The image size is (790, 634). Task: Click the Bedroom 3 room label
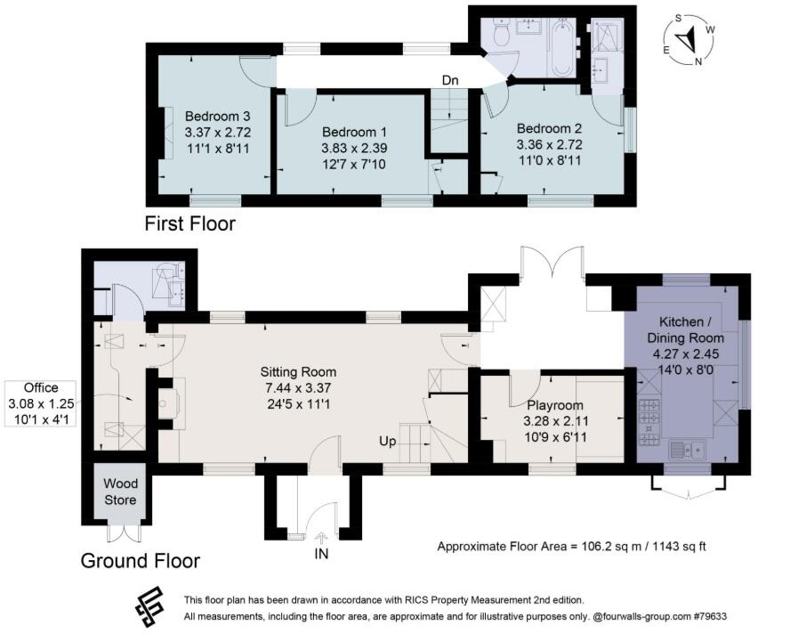tap(218, 117)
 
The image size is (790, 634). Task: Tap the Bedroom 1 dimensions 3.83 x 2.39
tap(354, 149)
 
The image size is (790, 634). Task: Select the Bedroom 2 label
tap(550, 128)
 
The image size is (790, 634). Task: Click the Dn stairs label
tap(450, 80)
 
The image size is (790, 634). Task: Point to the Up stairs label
tap(388, 442)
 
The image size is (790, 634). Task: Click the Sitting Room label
tap(298, 372)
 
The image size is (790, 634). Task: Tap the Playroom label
tap(555, 405)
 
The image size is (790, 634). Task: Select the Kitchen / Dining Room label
tap(685, 329)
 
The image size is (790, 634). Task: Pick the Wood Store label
tap(120, 492)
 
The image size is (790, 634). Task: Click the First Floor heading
tap(190, 224)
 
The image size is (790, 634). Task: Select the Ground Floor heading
tap(141, 561)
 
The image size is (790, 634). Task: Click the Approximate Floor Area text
tap(571, 546)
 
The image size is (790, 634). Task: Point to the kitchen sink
tap(687, 449)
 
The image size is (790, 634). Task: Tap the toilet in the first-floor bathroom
tap(502, 31)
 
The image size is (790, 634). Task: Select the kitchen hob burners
tap(649, 422)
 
